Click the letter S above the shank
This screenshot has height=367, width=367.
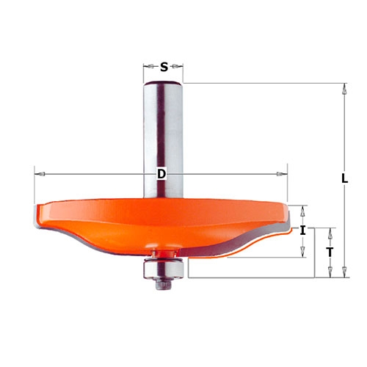pos(164,67)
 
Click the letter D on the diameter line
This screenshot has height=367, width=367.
pos(161,174)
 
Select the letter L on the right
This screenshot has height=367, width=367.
pos(344,179)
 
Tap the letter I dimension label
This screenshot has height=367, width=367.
pos(303,230)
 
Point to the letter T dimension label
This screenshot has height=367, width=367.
pos(330,252)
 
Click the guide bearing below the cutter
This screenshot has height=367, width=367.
pos(164,269)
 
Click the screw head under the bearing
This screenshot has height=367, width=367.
pos(164,284)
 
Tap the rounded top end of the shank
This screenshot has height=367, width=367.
pos(163,84)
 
